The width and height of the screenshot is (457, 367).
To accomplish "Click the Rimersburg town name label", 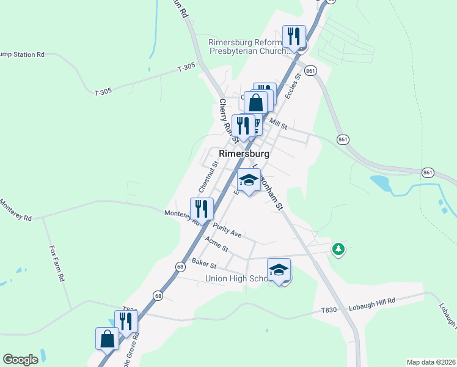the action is [x=244, y=154].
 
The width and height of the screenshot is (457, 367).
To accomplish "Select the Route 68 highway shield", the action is [x=180, y=267].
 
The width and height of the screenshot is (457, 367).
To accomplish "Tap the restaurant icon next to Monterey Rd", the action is [x=202, y=209].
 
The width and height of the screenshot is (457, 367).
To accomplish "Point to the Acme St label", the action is [x=216, y=245].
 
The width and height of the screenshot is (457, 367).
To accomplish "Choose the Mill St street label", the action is [x=278, y=124].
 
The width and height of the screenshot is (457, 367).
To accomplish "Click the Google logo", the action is [x=20, y=360].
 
